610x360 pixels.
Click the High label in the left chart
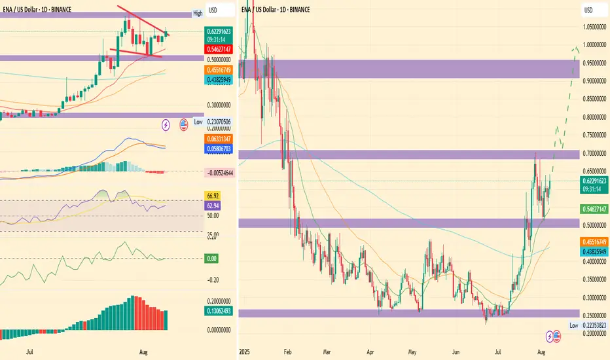pos(198,14)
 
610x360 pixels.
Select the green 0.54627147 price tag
pos(595,209)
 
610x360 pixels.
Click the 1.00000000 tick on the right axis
pos(596,45)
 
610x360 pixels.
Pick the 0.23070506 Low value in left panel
pos(219,122)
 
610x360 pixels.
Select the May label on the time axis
pos(412,351)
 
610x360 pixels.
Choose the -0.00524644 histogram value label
pos(221,171)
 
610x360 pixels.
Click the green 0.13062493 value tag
pos(219,311)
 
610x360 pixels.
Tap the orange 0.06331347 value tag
pos(219,140)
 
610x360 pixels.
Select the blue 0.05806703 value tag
pos(219,149)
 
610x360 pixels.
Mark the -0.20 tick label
pos(212,280)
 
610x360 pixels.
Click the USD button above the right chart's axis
pos(588,10)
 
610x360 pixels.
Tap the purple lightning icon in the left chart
pos(166,123)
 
